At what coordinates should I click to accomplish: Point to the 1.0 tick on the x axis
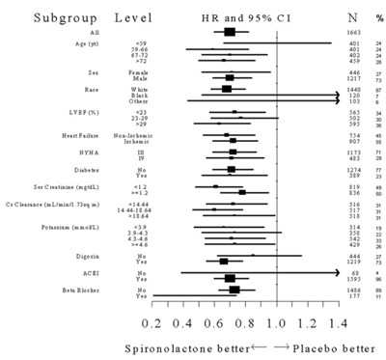point(277,321)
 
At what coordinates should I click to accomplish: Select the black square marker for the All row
point(229,32)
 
